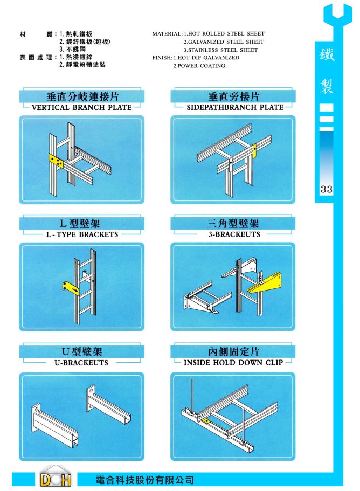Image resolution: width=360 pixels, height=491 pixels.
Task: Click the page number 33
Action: [x=326, y=189]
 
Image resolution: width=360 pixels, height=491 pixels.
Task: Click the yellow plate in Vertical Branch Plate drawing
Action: [x=57, y=161]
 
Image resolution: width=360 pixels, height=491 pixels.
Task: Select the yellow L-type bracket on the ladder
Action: [x=71, y=289]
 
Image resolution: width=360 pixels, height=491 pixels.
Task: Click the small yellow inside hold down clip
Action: [x=206, y=420]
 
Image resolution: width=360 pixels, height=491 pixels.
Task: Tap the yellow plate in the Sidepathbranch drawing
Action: [x=254, y=151]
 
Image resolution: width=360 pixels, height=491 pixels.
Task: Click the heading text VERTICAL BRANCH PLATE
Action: [x=82, y=107]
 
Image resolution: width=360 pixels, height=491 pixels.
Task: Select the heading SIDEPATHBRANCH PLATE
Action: [x=235, y=107]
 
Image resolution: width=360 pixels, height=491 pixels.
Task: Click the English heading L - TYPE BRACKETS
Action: [x=82, y=234]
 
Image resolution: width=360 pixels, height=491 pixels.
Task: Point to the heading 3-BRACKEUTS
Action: [x=234, y=234]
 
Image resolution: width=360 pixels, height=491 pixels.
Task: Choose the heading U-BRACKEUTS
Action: [x=81, y=363]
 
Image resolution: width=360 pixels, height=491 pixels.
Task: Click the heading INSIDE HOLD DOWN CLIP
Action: [x=233, y=363]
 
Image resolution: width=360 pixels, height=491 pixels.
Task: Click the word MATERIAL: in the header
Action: [x=167, y=34]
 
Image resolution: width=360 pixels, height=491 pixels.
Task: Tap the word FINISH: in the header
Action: [x=162, y=58]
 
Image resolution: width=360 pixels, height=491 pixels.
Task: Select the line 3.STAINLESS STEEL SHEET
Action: [x=221, y=50]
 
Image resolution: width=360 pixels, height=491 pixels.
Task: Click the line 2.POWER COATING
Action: [x=199, y=66]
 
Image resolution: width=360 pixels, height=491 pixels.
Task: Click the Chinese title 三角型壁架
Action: [x=233, y=224]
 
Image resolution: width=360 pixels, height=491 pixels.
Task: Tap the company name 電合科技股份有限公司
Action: [x=144, y=480]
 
